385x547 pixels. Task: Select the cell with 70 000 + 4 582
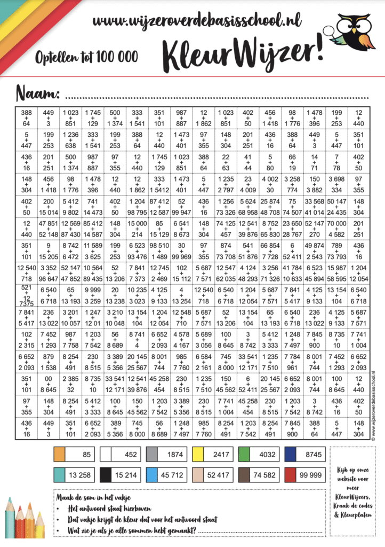(x=337, y=226)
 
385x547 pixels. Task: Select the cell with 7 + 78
(x=337, y=161)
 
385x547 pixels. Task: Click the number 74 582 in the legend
(x=265, y=473)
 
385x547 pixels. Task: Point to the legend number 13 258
(x=81, y=473)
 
